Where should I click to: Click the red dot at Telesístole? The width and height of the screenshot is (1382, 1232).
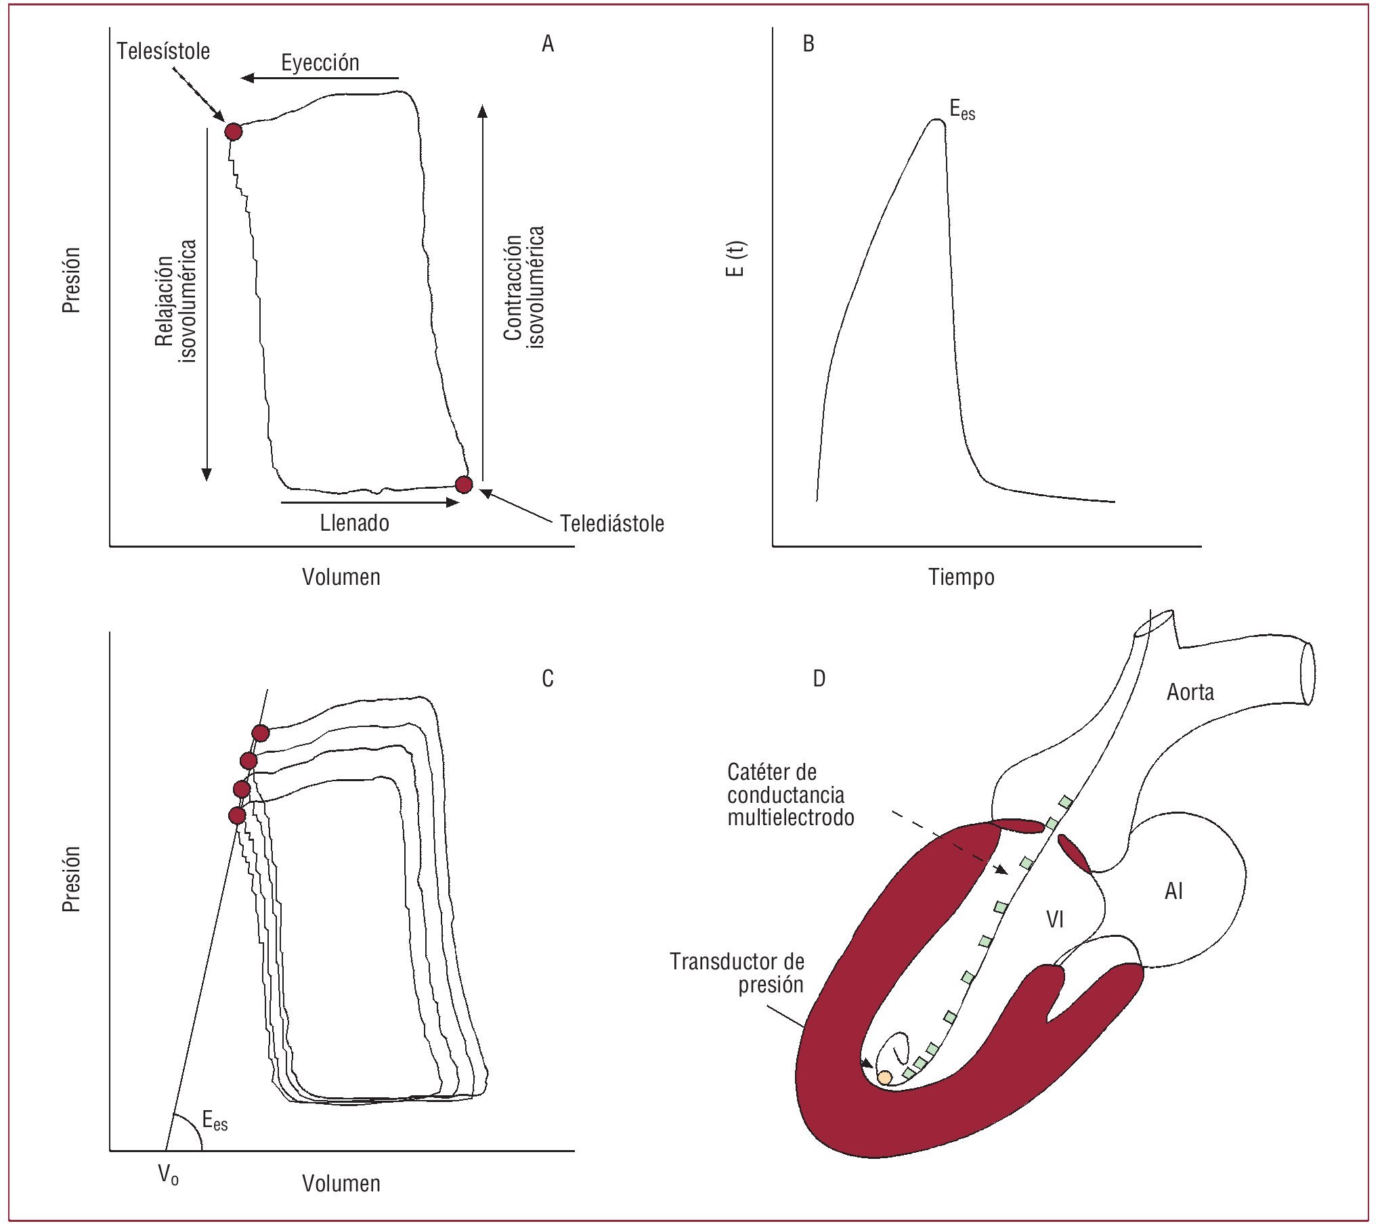point(234,131)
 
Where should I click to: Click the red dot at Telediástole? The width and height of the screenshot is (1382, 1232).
point(464,485)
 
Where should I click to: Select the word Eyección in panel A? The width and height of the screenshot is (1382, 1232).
point(320,63)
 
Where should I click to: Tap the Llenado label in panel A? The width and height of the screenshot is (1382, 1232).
point(355,523)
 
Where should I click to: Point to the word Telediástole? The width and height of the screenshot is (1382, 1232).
point(612,524)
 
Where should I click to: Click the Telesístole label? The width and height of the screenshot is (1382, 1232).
point(163,51)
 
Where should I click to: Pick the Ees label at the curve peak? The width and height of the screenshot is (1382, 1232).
point(962,110)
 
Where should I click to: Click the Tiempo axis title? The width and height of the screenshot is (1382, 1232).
point(961,577)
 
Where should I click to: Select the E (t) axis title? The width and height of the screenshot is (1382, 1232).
point(735,259)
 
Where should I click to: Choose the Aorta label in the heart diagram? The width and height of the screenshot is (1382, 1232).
point(1190,692)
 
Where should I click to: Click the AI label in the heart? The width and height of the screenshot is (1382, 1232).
point(1173,892)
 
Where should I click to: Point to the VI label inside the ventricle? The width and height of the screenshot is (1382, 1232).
point(1055,920)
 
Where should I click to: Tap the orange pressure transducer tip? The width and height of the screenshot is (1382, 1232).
point(885,1077)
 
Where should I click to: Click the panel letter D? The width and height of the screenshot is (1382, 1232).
point(819,679)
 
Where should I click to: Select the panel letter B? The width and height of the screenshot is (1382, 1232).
point(808,44)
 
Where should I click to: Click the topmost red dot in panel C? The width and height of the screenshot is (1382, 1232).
point(261,733)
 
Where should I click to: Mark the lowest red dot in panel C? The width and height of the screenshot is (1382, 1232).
point(238,816)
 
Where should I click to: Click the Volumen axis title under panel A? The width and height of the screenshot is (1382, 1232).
point(341,577)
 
